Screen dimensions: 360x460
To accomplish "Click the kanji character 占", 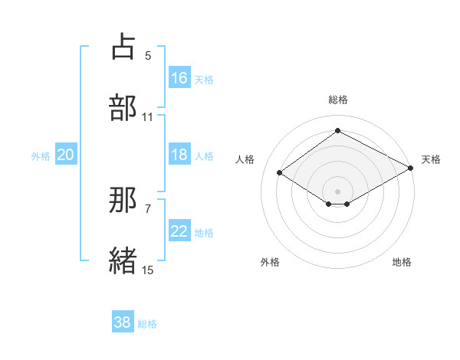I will point(123,47).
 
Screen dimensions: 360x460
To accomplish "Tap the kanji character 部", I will point(123,108).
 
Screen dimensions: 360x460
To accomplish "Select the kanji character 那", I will point(123,201).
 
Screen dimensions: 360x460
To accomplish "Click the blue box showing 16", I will point(179,77).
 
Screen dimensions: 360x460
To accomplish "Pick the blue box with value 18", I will point(179,155).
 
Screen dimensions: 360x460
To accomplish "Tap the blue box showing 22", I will point(179,231).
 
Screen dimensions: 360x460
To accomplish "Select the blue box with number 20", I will point(66,155).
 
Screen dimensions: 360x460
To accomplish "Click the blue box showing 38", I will point(123,322).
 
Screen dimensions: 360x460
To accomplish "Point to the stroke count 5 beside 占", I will point(148,56).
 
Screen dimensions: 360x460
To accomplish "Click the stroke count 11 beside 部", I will point(148,117).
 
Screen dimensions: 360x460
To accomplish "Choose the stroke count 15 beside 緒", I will point(148,270).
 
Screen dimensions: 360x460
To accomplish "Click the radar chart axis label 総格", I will point(337,100).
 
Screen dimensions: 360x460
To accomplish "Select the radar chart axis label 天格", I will point(431,159).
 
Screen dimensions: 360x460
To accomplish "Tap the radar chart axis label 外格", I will point(270,262).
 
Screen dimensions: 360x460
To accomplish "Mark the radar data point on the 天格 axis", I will point(411,168).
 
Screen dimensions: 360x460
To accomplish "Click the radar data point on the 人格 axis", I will point(280,172).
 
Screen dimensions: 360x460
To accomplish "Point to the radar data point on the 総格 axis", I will point(337,131).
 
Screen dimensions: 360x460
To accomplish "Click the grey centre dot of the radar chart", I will point(337,191).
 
